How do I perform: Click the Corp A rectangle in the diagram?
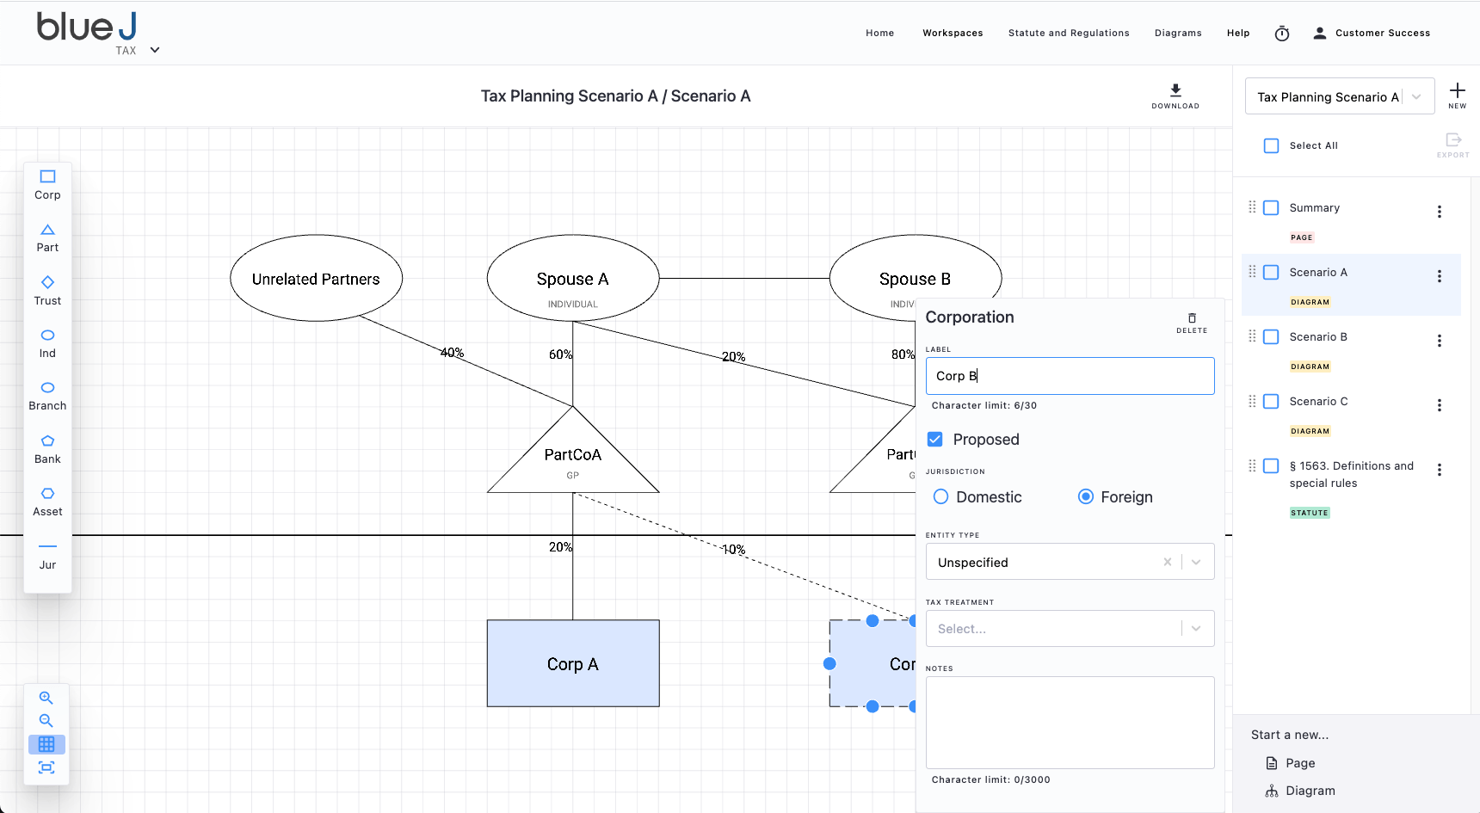pyautogui.click(x=573, y=663)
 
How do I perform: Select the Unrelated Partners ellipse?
pyautogui.click(x=316, y=278)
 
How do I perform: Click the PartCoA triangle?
pyautogui.click(x=573, y=456)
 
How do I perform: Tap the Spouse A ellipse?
pyautogui.click(x=573, y=278)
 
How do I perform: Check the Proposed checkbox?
pyautogui.click(x=935, y=439)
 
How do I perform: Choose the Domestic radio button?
pyautogui.click(x=941, y=496)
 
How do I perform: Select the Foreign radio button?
pyautogui.click(x=1086, y=496)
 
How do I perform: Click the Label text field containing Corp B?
pyautogui.click(x=1070, y=376)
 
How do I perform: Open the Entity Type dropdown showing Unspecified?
pyautogui.click(x=1070, y=562)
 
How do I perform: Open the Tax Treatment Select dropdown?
pyautogui.click(x=1070, y=629)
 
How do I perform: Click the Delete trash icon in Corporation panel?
pyautogui.click(x=1192, y=318)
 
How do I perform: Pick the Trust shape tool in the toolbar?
pyautogui.click(x=47, y=290)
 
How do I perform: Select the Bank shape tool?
pyautogui.click(x=47, y=448)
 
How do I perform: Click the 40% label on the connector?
pyautogui.click(x=452, y=353)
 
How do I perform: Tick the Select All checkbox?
pyautogui.click(x=1271, y=145)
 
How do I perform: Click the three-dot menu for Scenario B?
pyautogui.click(x=1440, y=341)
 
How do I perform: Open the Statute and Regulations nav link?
pyautogui.click(x=1069, y=33)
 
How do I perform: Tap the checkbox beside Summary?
pyautogui.click(x=1271, y=207)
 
